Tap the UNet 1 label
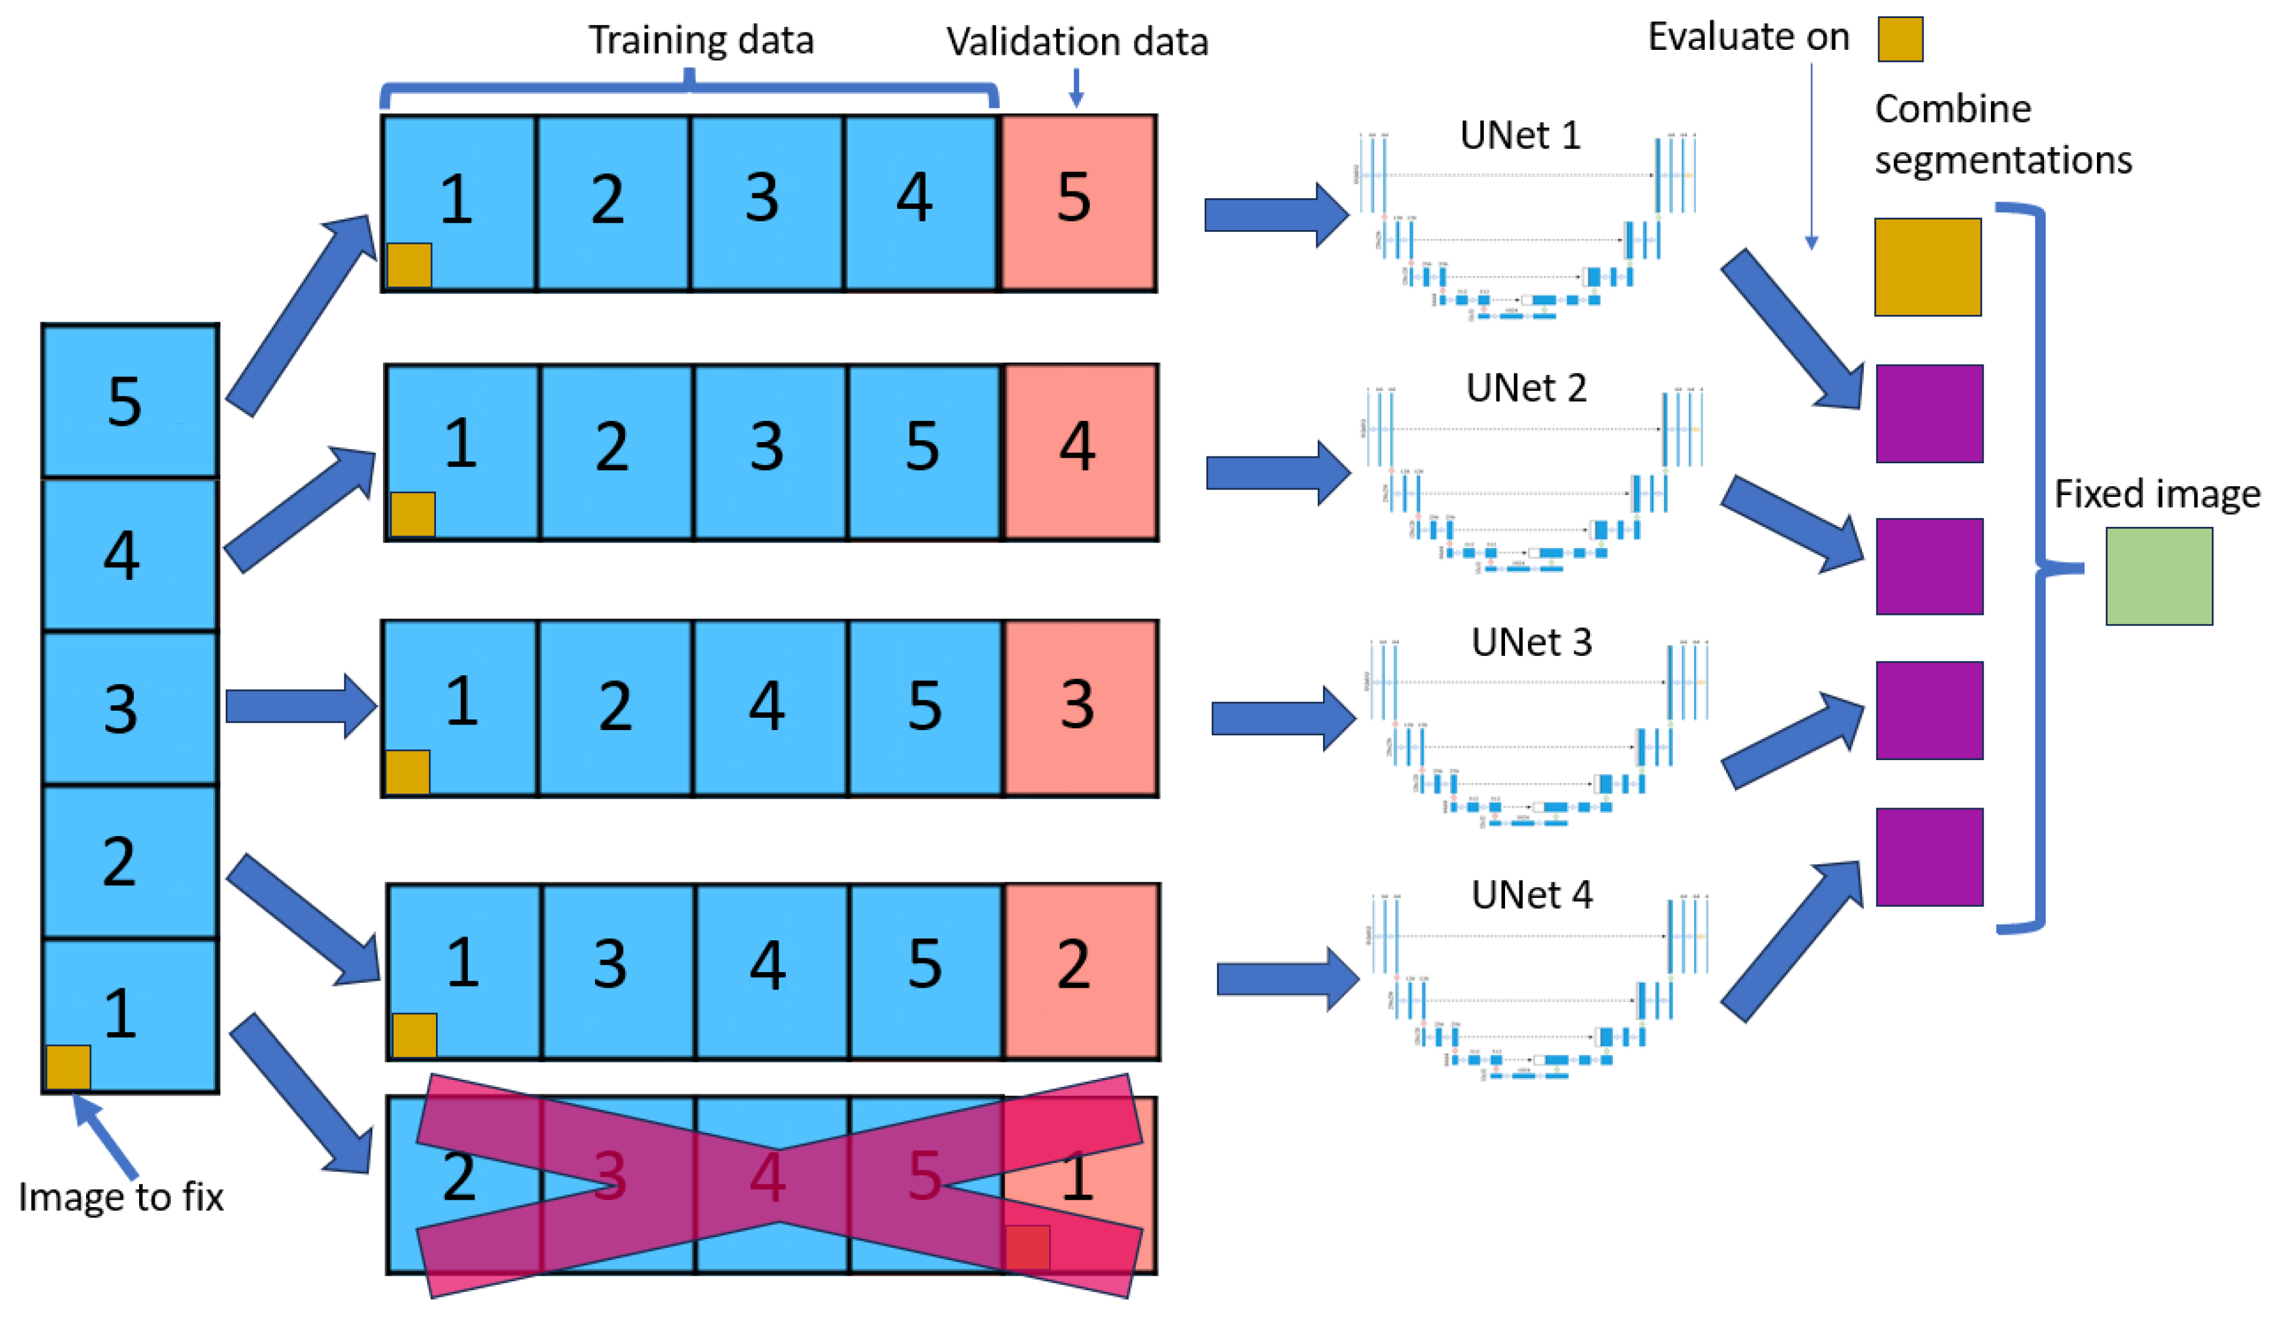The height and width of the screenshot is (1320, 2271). [x=1519, y=135]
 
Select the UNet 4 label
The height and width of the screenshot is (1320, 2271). [x=1531, y=895]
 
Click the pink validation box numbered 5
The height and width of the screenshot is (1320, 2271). [x=1078, y=203]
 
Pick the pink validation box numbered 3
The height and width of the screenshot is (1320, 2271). [x=1080, y=708]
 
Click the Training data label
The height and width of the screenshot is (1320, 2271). [x=701, y=40]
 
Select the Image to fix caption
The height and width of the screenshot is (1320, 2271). [x=121, y=1197]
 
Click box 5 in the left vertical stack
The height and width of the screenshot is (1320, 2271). [x=129, y=401]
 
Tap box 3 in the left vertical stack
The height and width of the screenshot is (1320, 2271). [x=129, y=708]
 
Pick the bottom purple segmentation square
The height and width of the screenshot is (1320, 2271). [x=1929, y=856]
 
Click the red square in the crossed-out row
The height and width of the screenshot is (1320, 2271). [x=1027, y=1247]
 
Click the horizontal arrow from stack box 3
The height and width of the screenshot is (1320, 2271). [x=299, y=706]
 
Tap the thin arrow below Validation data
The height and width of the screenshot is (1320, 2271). [x=1075, y=87]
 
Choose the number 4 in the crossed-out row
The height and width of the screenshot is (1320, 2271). [x=767, y=1177]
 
